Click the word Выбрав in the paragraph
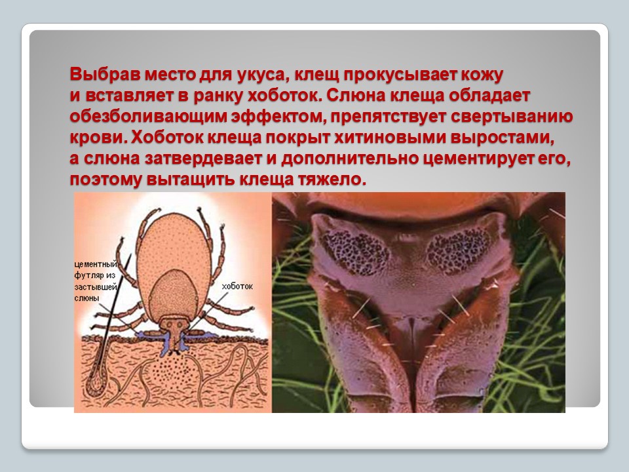(104, 75)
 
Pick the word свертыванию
(512, 117)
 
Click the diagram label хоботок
(237, 286)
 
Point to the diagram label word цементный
(96, 264)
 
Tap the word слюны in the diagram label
(86, 298)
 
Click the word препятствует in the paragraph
(387, 117)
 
